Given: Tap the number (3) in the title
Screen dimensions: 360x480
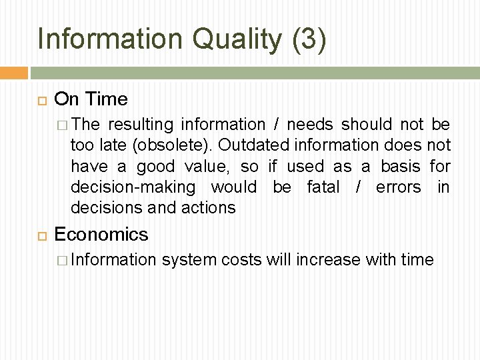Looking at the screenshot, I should (309, 39).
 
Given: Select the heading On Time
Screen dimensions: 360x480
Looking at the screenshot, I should (91, 99).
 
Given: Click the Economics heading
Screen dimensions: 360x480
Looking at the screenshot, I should (101, 234).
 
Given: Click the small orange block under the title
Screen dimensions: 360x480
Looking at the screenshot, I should (13, 73).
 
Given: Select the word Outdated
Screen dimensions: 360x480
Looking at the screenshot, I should (249, 145).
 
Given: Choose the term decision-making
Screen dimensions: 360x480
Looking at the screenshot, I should (133, 187).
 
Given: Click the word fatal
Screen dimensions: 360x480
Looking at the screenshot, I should (323, 187).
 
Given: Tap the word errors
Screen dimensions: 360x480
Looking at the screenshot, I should (398, 187).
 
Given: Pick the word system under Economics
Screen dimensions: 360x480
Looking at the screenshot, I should (189, 259).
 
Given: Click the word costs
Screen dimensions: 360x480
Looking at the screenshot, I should (241, 259).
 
